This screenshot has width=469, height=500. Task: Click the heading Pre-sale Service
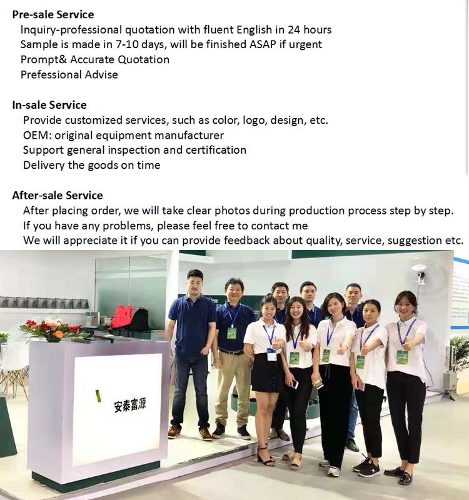pos(53,14)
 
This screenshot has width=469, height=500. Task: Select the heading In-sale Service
pos(49,105)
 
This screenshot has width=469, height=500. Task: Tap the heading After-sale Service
pos(58,196)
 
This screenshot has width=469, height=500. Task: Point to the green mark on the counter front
pos(98,396)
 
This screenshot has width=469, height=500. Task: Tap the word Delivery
pos(44,165)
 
